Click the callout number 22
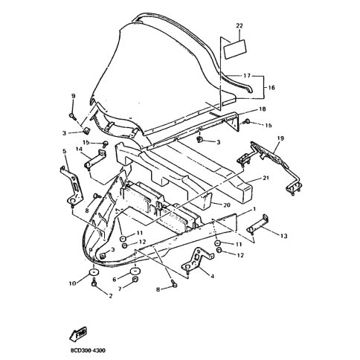[240, 26]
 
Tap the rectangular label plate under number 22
[235, 49]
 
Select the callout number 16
[271, 88]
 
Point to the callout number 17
[247, 75]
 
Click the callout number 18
[263, 109]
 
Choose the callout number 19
[280, 138]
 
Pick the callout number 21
[266, 178]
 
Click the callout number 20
[227, 205]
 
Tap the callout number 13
[283, 236]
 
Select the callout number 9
[73, 96]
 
